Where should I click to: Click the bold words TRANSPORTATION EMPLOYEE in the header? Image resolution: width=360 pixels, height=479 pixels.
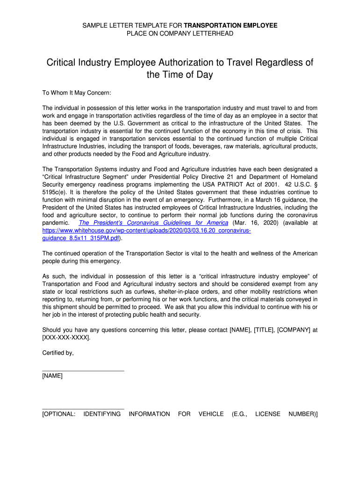click(x=230, y=25)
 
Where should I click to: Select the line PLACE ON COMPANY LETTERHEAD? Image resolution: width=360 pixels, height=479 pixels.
click(x=180, y=33)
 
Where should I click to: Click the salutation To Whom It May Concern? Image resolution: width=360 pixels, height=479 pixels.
click(x=77, y=93)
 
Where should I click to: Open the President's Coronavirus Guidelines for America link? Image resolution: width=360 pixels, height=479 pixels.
click(x=153, y=223)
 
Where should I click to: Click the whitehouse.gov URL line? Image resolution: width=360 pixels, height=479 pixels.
click(x=147, y=231)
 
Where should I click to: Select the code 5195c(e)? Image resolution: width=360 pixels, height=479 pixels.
click(x=55, y=192)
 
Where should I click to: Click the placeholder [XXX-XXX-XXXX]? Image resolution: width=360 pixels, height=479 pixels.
click(x=66, y=337)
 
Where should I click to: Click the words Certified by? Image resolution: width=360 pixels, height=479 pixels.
click(x=58, y=353)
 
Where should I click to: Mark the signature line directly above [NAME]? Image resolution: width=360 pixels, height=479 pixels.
click(x=83, y=370)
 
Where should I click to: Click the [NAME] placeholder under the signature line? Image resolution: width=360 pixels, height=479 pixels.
click(x=52, y=376)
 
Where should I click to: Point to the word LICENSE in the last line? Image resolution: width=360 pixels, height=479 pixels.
click(x=268, y=414)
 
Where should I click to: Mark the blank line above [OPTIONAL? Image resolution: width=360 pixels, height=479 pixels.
click(x=83, y=409)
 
